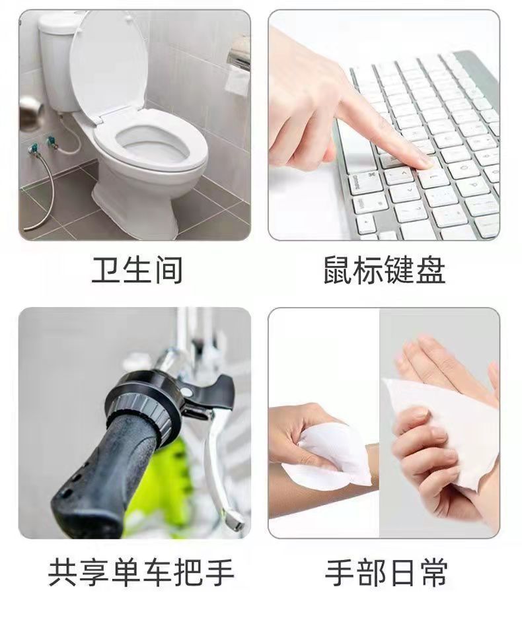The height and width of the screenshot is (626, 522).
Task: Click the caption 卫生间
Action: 137,270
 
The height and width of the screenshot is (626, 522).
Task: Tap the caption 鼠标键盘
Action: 384,270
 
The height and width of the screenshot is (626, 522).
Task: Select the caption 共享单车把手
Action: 141,573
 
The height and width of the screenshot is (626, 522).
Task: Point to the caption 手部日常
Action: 386,573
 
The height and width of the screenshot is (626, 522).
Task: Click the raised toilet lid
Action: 107,64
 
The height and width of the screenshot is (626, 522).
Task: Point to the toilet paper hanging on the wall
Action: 237,80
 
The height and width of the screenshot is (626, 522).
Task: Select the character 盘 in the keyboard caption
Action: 431,270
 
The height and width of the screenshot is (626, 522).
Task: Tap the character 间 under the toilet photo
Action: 168,270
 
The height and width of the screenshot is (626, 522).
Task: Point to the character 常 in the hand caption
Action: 433,573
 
